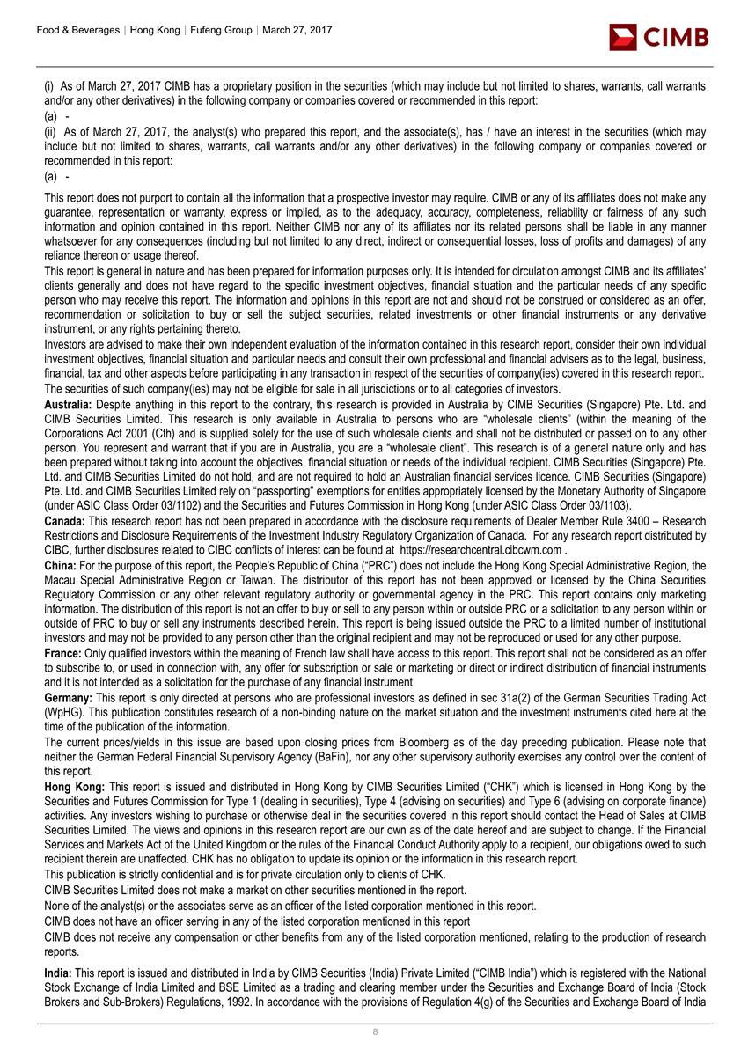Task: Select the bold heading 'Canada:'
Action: (x=66, y=521)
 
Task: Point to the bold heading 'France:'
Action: (x=63, y=655)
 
